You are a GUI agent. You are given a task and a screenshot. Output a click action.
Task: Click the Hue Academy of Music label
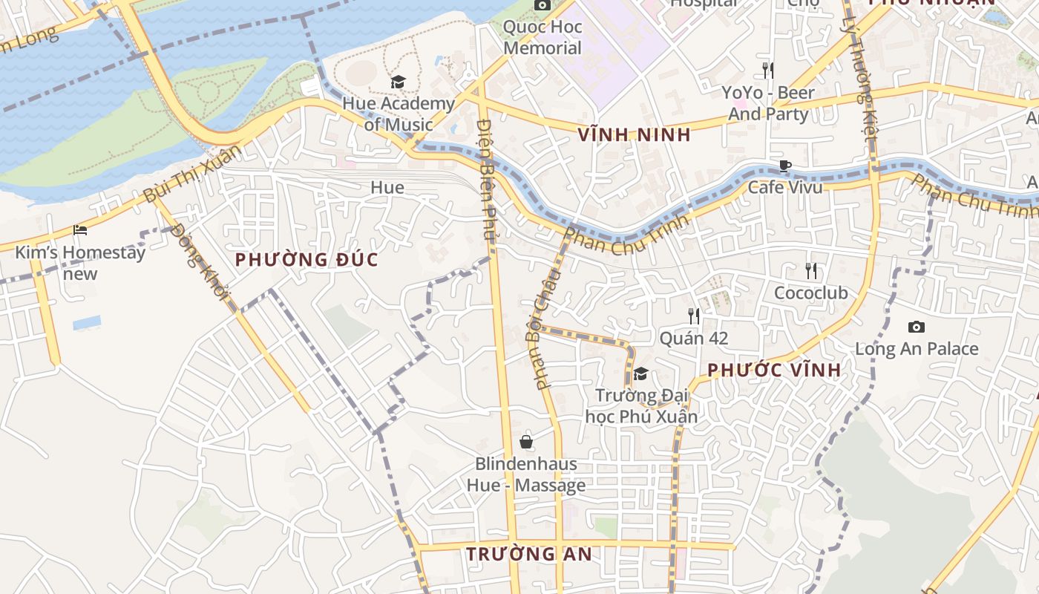tap(398, 114)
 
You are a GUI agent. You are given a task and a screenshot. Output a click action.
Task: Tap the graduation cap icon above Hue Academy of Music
tap(398, 82)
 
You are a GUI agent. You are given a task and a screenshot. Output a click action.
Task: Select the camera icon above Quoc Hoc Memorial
tap(542, 5)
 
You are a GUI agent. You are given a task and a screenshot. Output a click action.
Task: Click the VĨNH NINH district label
tap(634, 135)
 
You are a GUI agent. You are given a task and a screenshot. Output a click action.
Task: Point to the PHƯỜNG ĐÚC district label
tap(307, 260)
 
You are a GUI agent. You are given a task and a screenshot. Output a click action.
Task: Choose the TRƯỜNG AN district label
tap(529, 554)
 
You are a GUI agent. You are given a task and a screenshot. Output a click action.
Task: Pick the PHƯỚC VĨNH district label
tap(774, 370)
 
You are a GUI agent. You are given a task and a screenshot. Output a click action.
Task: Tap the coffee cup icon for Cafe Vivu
tap(784, 166)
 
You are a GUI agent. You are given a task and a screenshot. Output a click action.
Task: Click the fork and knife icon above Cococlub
tap(810, 271)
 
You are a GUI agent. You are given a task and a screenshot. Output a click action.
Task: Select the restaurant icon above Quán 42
tap(693, 316)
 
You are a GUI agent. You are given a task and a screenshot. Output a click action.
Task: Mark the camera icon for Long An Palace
tap(916, 327)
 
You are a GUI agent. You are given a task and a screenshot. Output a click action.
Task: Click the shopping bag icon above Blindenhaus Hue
tap(526, 442)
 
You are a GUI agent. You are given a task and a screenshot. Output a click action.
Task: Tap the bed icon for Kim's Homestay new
tap(80, 230)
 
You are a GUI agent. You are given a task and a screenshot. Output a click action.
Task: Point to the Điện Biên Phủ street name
tap(485, 178)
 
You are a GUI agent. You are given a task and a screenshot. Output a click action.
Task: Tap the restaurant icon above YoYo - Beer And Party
tap(768, 71)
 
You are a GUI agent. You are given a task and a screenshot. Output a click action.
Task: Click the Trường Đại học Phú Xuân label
tap(642, 405)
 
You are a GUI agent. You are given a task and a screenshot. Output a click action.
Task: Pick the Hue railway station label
tap(387, 187)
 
